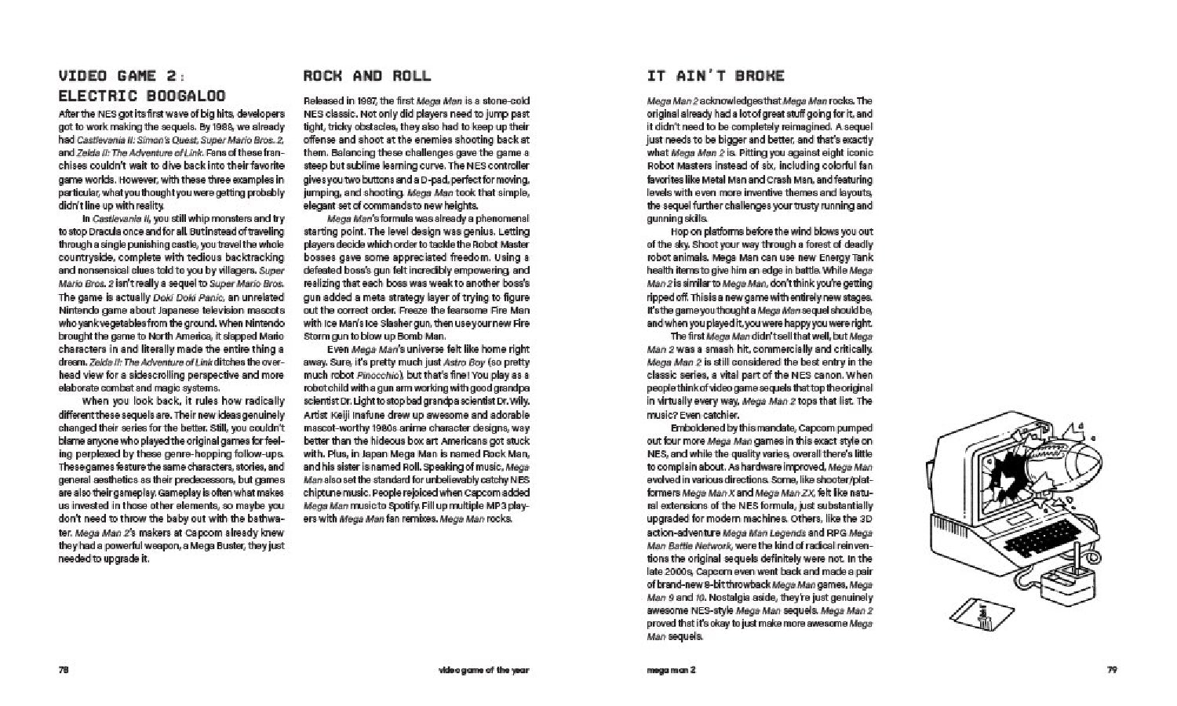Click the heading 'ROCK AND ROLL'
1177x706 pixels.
tap(366, 76)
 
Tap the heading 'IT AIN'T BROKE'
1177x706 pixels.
tap(716, 76)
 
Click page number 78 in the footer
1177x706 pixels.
tap(64, 670)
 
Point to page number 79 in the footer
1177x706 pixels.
tap(1111, 670)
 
